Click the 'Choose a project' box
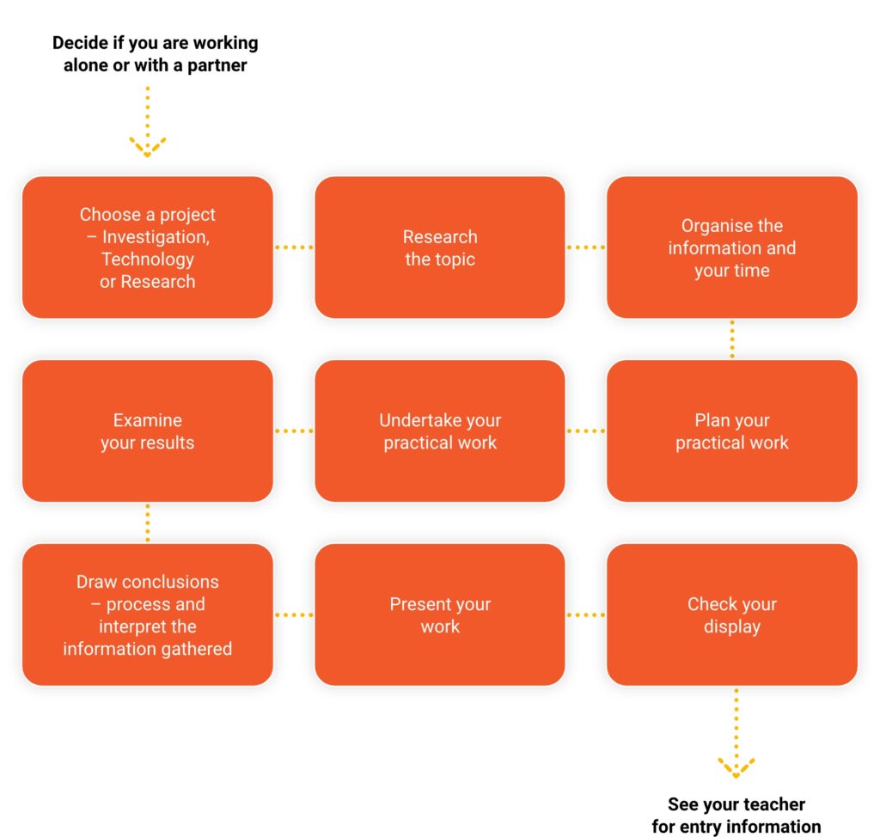pyautogui.click(x=148, y=247)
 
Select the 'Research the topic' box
pyautogui.click(x=440, y=247)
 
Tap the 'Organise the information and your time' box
pyautogui.click(x=732, y=247)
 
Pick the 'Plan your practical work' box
pyautogui.click(x=732, y=431)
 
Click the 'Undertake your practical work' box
pyautogui.click(x=440, y=431)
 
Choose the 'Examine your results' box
pyautogui.click(x=148, y=431)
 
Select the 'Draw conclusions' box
pyautogui.click(x=148, y=614)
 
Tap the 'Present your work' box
pyautogui.click(x=440, y=614)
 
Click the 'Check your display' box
pyautogui.click(x=732, y=614)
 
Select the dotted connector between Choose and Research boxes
pyautogui.click(x=294, y=247)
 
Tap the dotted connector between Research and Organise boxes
pyautogui.click(x=586, y=247)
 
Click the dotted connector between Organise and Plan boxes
pyautogui.click(x=732, y=339)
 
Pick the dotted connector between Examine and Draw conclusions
pyautogui.click(x=148, y=522)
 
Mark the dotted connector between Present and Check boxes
pyautogui.click(x=586, y=614)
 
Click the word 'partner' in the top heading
pyautogui.click(x=217, y=65)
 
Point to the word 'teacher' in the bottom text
pyautogui.click(x=775, y=804)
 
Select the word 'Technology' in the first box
pyautogui.click(x=148, y=260)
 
